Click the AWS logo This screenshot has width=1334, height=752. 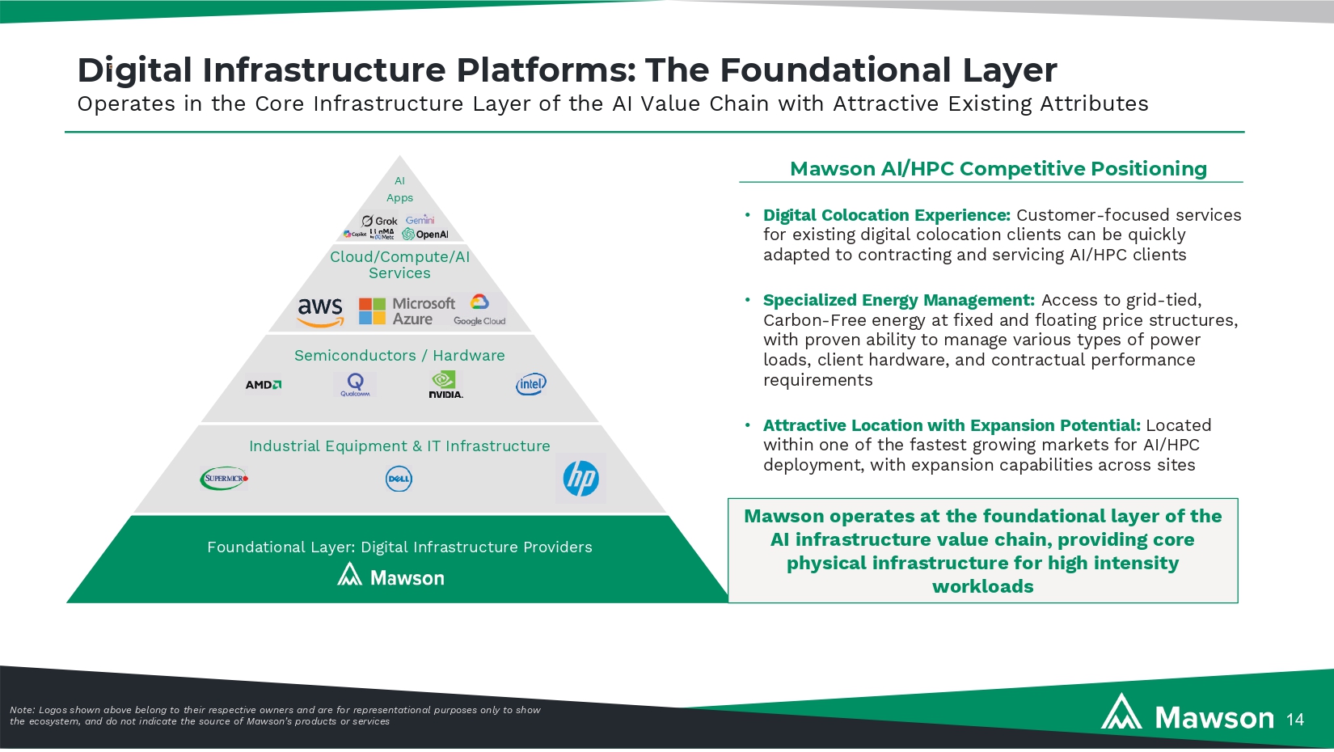click(x=320, y=311)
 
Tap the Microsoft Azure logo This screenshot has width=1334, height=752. click(x=407, y=311)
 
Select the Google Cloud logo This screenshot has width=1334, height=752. click(x=479, y=311)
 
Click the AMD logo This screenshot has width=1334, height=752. click(x=264, y=385)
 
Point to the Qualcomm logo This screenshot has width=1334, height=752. click(x=355, y=384)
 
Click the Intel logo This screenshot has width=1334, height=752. click(x=531, y=384)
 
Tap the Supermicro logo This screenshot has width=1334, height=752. click(x=224, y=479)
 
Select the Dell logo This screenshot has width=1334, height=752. click(x=399, y=480)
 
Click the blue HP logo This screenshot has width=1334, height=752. click(x=580, y=479)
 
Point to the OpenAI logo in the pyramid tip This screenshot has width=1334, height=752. click(x=425, y=234)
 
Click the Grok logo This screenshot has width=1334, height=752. click(x=380, y=221)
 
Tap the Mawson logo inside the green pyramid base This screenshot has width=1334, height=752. click(x=391, y=577)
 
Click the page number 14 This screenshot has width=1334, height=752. click(x=1295, y=720)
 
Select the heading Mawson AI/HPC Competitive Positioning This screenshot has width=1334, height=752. click(x=998, y=169)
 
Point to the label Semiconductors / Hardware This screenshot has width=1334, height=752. click(x=399, y=356)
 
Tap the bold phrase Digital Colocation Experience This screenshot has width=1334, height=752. click(x=886, y=216)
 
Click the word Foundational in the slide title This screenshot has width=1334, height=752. click(x=835, y=70)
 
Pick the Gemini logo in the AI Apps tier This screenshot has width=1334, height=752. click(x=420, y=220)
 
